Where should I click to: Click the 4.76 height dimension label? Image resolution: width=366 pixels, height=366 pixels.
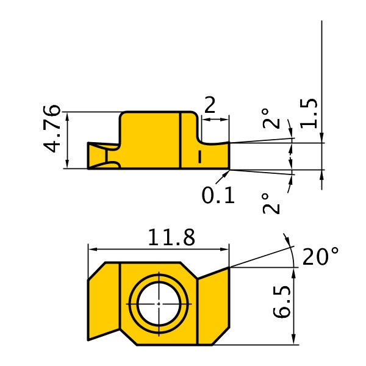(x=52, y=129)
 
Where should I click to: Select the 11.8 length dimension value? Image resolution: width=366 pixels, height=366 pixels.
(x=171, y=237)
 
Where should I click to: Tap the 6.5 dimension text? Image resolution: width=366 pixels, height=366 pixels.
(x=282, y=302)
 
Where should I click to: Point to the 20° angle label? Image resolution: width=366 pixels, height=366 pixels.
(x=320, y=256)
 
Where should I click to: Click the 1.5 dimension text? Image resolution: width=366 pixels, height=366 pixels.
(x=309, y=113)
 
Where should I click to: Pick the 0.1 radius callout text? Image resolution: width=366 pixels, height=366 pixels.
(x=218, y=195)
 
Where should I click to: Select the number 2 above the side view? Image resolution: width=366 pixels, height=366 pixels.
(x=210, y=105)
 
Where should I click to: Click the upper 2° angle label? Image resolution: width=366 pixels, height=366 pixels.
(x=271, y=118)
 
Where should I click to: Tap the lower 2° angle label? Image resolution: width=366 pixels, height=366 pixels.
(x=271, y=204)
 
